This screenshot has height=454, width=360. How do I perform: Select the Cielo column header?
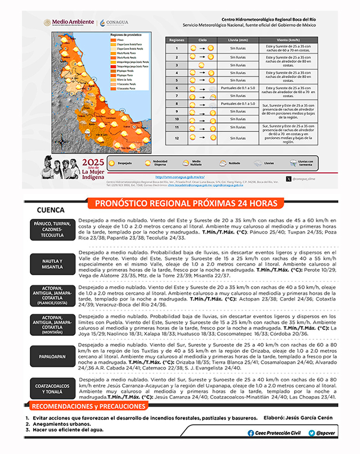point(202,40)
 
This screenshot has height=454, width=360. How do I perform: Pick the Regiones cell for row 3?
point(177,65)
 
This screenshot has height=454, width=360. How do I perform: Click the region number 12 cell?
point(177,138)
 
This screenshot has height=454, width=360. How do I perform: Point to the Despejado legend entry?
point(126,162)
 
